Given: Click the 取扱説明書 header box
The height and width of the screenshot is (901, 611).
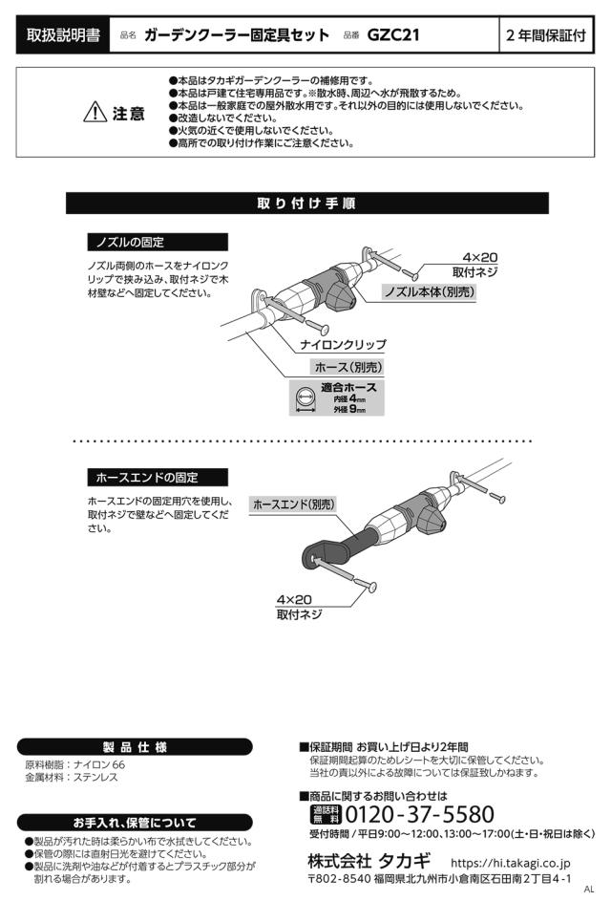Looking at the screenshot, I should coord(64,35).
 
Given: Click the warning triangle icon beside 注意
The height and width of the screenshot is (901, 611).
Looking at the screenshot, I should coord(95,114).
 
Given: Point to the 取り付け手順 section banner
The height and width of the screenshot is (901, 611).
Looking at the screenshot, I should coord(306,204).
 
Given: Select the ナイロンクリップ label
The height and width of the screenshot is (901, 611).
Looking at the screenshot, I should coord(343,343).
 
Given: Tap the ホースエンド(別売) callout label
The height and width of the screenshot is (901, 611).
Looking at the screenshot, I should coord(294,504).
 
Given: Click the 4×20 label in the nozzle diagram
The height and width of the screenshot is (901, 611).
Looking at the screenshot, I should coord(480,258).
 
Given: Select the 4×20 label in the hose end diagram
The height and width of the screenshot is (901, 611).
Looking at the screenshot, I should coord(294,599).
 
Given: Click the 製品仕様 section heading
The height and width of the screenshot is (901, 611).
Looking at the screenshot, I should coord(135,746).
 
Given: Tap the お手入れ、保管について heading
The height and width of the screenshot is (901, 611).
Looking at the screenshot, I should coord(135,822).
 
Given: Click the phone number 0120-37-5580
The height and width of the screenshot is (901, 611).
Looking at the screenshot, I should coord(419,815).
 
